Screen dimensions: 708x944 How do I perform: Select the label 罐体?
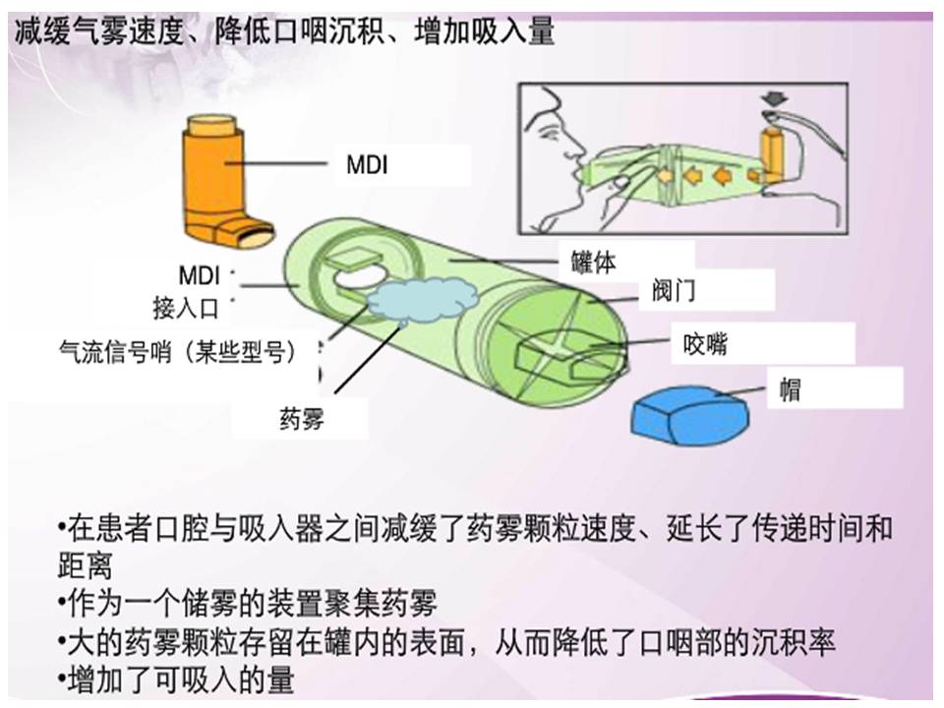595,263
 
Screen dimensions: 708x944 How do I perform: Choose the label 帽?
789,389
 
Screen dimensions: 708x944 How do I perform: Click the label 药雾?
302,420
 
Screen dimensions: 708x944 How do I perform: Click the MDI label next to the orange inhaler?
367,165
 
